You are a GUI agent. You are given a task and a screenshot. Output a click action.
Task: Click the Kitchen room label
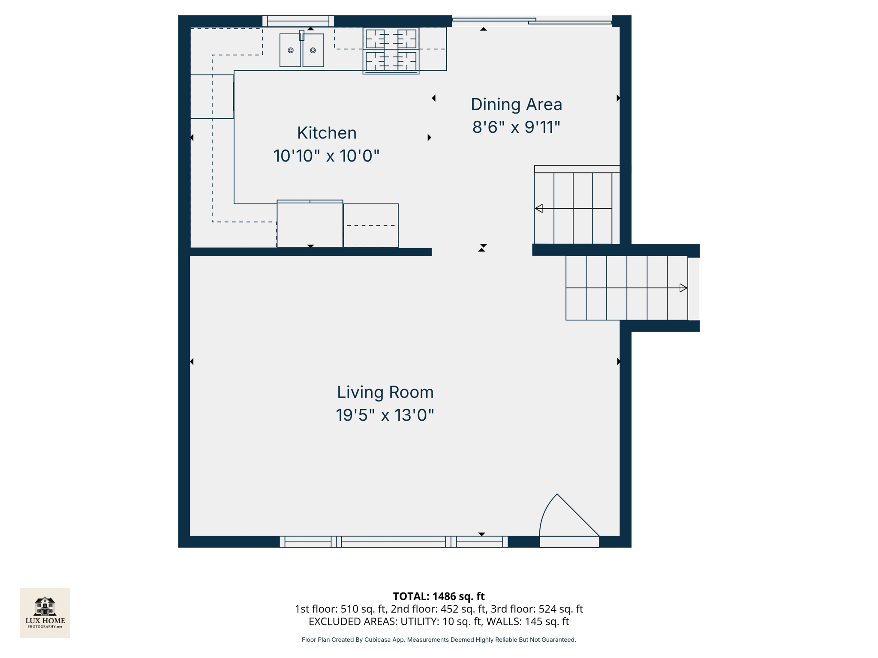click(327, 133)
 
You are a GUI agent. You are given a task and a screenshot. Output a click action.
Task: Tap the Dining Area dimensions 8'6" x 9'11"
click(516, 127)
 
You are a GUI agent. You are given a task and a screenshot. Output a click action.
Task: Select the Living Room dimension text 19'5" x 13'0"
click(385, 415)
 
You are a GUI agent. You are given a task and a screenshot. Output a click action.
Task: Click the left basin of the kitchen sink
click(290, 51)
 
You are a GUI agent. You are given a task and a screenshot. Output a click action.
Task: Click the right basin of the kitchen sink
click(313, 51)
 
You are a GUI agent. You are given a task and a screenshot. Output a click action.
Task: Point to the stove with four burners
click(391, 51)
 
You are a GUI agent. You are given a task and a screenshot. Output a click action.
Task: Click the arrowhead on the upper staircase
click(539, 209)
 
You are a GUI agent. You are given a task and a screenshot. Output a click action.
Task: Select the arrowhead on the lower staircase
click(683, 288)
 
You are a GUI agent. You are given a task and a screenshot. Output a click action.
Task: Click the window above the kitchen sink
click(298, 21)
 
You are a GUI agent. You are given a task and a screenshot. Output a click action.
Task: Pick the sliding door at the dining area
click(532, 21)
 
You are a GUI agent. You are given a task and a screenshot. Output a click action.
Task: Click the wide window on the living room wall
click(394, 542)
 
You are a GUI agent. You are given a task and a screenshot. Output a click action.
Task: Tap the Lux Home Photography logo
click(45, 613)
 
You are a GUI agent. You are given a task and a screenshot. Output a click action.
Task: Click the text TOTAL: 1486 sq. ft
click(439, 596)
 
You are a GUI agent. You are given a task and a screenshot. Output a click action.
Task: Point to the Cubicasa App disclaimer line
click(439, 640)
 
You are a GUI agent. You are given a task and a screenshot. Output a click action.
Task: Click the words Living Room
click(385, 392)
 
